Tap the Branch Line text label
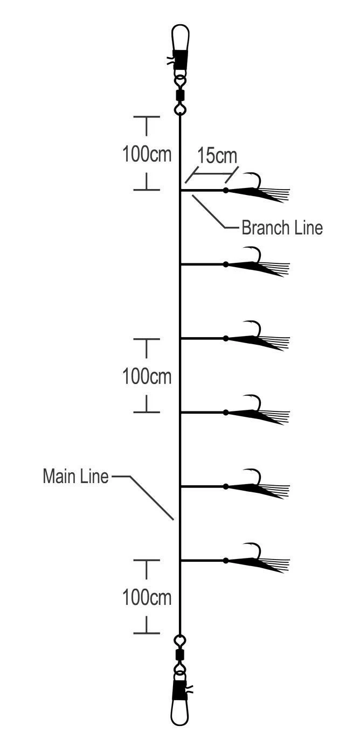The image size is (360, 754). [x=282, y=228]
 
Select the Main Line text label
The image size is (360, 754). [x=75, y=477]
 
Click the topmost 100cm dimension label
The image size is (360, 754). [x=147, y=155]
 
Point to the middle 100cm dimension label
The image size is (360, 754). [x=147, y=376]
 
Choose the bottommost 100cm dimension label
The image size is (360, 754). [x=147, y=597]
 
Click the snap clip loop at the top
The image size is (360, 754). [x=180, y=38]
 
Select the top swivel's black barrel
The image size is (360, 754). [x=180, y=95]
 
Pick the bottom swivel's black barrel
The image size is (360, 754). [x=180, y=655]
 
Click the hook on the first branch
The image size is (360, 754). [x=255, y=180]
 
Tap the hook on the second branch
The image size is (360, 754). [x=255, y=254]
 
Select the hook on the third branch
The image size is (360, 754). [x=255, y=328]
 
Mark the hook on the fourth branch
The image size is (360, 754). [x=255, y=402]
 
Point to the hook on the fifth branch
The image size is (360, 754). [x=255, y=476]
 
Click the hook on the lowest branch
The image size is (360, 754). [x=255, y=550]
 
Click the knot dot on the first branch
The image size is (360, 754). [x=226, y=190]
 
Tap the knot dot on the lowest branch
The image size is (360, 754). [x=226, y=561]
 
